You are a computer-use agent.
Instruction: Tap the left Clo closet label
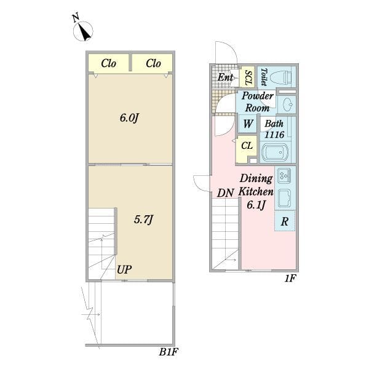point(108,63)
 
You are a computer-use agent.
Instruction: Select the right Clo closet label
point(153,63)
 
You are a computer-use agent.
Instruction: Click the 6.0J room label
point(129,117)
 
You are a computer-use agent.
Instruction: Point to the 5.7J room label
point(143,220)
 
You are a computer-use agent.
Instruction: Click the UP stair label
point(124,269)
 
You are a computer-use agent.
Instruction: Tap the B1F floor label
point(169,352)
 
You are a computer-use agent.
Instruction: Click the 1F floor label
point(290,279)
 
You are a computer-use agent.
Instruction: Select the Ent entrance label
point(225,77)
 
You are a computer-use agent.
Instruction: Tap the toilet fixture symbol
point(281,77)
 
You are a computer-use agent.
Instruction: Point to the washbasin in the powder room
point(288,105)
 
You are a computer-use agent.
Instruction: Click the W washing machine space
point(248,124)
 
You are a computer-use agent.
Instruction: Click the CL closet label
point(247,146)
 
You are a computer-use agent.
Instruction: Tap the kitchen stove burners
point(284,175)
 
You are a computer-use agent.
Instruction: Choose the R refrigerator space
point(285,221)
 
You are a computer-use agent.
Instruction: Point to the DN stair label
point(225,193)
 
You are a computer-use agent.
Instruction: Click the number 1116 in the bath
point(275,135)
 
